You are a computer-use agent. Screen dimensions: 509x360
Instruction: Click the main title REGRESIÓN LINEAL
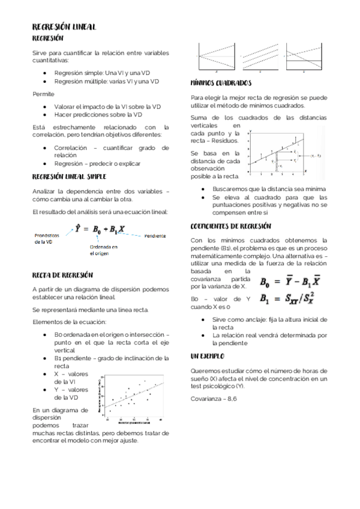[x=64, y=27]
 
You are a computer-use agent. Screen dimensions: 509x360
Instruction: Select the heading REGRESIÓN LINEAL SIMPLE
[x=69, y=176]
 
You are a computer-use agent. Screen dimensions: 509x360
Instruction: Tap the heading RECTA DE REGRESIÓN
[x=62, y=275]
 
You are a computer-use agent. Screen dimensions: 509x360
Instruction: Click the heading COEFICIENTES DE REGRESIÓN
[x=230, y=226]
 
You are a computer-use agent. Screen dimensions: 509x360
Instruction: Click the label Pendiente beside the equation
[x=155, y=236]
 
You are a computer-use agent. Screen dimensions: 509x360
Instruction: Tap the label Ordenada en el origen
[x=103, y=250]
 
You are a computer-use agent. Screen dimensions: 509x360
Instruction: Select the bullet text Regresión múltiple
[x=106, y=81]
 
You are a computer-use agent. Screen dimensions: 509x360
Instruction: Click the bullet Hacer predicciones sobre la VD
[x=98, y=114]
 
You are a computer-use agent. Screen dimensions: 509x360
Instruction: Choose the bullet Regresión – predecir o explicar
[x=97, y=163]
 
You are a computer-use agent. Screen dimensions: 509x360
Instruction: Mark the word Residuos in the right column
[x=224, y=140]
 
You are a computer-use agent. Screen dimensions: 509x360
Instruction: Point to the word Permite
[x=43, y=94]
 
